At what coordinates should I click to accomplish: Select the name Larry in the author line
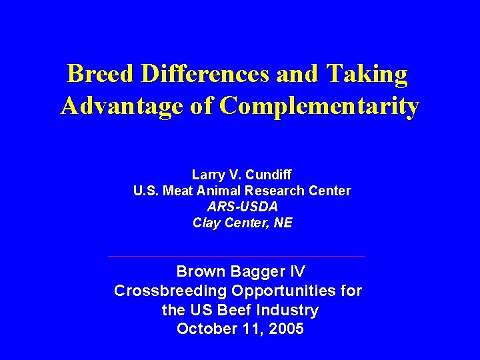point(207,175)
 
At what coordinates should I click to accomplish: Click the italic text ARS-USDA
point(242,207)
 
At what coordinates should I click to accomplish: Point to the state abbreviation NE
point(283,223)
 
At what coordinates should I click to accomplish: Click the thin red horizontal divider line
point(236,256)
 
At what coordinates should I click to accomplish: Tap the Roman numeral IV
point(297,271)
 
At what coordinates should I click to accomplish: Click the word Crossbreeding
point(170,291)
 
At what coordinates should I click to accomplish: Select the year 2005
point(285,329)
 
